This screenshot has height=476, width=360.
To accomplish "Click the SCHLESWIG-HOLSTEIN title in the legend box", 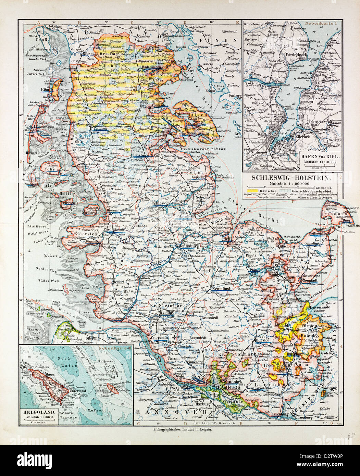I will [291, 178].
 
